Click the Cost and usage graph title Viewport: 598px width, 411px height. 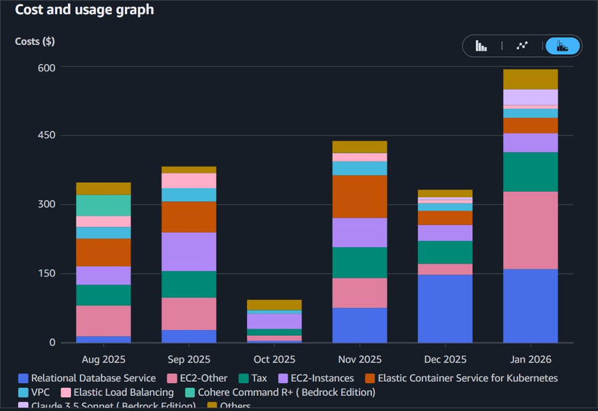(x=84, y=10)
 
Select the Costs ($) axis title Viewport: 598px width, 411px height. (x=35, y=41)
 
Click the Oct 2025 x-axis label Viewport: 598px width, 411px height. (x=274, y=359)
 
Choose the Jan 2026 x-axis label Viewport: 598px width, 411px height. (x=530, y=359)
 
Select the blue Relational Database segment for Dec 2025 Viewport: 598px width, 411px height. (x=445, y=308)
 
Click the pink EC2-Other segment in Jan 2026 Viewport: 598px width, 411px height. (x=530, y=230)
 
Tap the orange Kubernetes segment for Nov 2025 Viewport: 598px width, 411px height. (x=359, y=197)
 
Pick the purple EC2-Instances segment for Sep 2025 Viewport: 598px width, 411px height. (x=189, y=252)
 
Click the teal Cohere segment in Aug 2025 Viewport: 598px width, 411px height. (x=104, y=205)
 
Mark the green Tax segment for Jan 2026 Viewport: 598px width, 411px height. (x=530, y=172)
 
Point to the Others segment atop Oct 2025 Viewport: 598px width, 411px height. (x=274, y=305)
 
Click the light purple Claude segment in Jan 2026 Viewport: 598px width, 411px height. (x=530, y=97)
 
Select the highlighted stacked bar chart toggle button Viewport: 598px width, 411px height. (x=562, y=46)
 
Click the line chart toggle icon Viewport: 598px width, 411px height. (x=522, y=46)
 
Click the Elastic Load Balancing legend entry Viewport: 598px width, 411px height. (x=118, y=392)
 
